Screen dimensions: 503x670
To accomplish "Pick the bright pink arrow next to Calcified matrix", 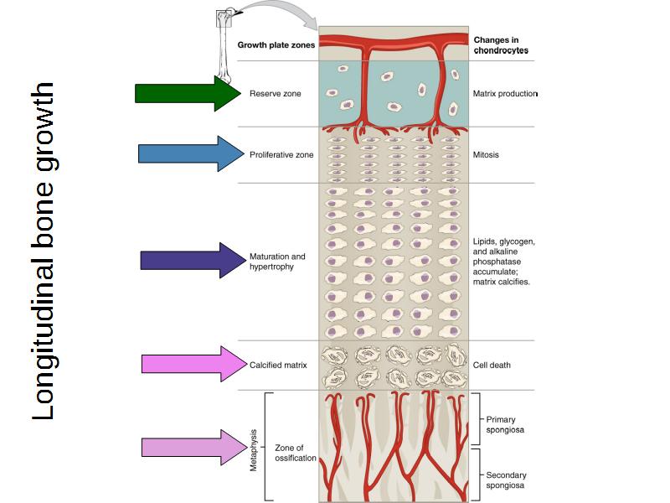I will pyautogui.click(x=192, y=364).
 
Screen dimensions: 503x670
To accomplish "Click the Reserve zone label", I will pyautogui.click(x=276, y=94).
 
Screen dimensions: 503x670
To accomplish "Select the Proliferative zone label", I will pyautogui.click(x=281, y=154).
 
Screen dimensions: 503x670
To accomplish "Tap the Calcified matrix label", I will pyautogui.click(x=279, y=365).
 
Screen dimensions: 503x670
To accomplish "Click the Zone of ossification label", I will pyautogui.click(x=296, y=454).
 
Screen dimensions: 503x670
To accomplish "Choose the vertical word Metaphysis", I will pyautogui.click(x=254, y=450).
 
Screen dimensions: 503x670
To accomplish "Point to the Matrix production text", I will pyautogui.click(x=505, y=94).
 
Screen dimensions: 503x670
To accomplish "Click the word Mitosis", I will pyautogui.click(x=487, y=154).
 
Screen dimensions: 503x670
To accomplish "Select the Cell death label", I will pyautogui.click(x=492, y=365).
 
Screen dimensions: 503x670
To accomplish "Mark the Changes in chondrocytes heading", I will pyautogui.click(x=501, y=45).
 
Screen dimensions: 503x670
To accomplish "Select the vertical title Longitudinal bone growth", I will pyautogui.click(x=44, y=251).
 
